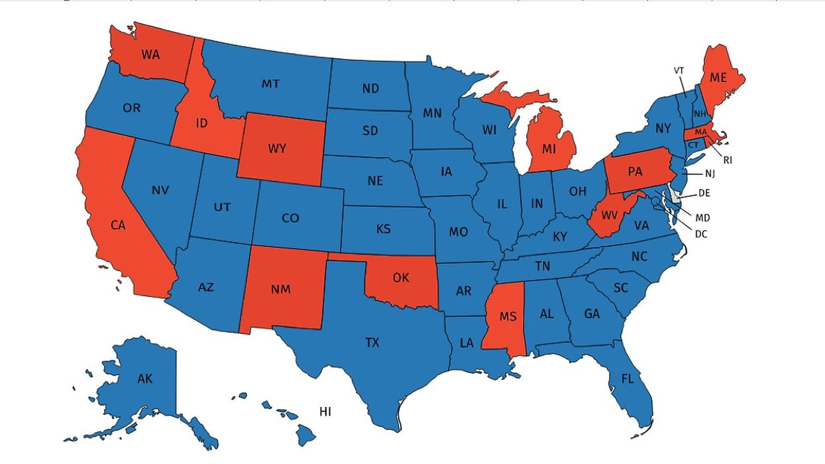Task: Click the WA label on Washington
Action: (151, 54)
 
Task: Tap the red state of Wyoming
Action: (278, 148)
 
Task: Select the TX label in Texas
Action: (372, 343)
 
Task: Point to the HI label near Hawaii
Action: (325, 412)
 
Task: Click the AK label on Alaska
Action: (145, 379)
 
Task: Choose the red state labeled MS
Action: (508, 316)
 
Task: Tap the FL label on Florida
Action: (628, 379)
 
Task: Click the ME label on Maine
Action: (718, 78)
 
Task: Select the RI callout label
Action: (728, 159)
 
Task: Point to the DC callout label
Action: (701, 233)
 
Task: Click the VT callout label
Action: (679, 70)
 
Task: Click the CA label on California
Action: (118, 225)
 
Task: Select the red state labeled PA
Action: (635, 171)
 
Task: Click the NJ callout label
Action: (710, 174)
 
